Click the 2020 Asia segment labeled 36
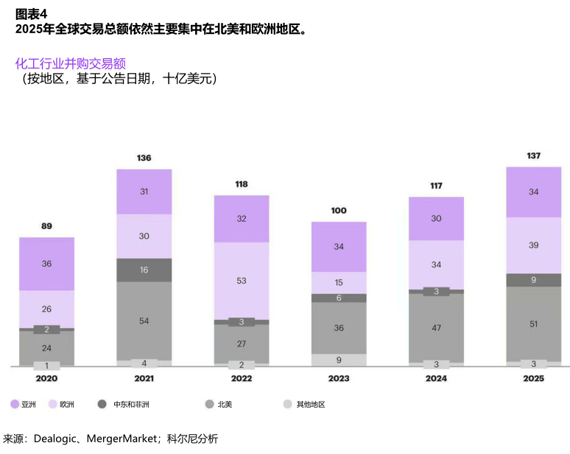tap(47, 264)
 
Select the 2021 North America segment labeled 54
tap(144, 321)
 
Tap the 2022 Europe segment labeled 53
tap(242, 281)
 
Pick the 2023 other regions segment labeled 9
tap(339, 360)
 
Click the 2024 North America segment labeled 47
tap(436, 327)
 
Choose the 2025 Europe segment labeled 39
tap(534, 245)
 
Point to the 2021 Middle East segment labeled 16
tap(144, 270)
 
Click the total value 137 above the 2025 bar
tap(534, 156)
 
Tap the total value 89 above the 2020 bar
tap(47, 226)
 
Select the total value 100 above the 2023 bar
tap(339, 211)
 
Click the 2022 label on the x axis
tap(242, 379)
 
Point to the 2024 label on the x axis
tap(436, 379)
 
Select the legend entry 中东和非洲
tap(126, 405)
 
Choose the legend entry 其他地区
tap(310, 405)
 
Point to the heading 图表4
tap(31, 13)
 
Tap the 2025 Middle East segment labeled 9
tap(534, 280)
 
